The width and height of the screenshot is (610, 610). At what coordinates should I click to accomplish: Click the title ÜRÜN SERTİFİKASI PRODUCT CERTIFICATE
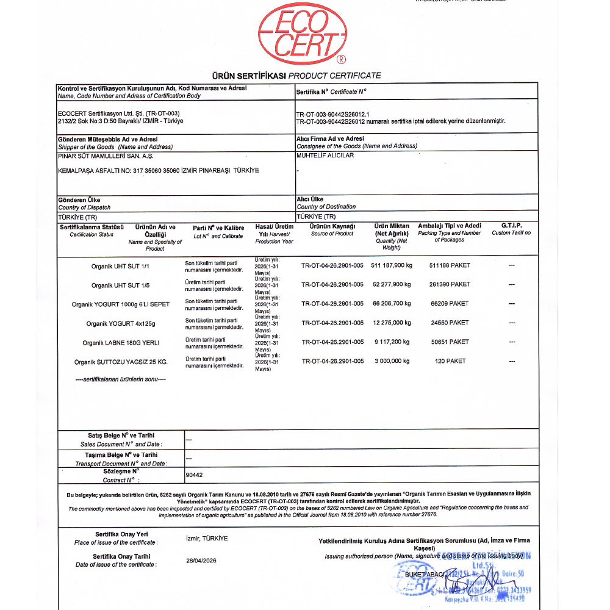(296, 76)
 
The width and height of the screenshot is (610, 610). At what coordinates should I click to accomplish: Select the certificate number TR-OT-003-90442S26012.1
(333, 114)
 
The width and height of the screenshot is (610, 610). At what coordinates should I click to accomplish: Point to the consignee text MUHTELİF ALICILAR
(325, 155)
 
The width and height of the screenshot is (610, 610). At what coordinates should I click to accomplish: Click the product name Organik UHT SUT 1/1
(120, 266)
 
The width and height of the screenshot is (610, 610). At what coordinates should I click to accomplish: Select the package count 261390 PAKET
(450, 284)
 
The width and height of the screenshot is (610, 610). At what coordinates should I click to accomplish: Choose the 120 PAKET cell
(450, 361)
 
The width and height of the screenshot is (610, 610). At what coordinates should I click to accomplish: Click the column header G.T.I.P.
(511, 226)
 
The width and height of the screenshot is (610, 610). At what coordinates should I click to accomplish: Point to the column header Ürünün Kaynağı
(332, 226)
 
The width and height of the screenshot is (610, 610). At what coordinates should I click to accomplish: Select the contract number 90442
(193, 473)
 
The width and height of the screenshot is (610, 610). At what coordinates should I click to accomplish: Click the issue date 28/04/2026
(201, 561)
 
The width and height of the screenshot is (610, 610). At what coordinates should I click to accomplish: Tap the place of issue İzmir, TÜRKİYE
(206, 539)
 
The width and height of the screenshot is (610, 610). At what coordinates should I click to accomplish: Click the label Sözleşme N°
(121, 470)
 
